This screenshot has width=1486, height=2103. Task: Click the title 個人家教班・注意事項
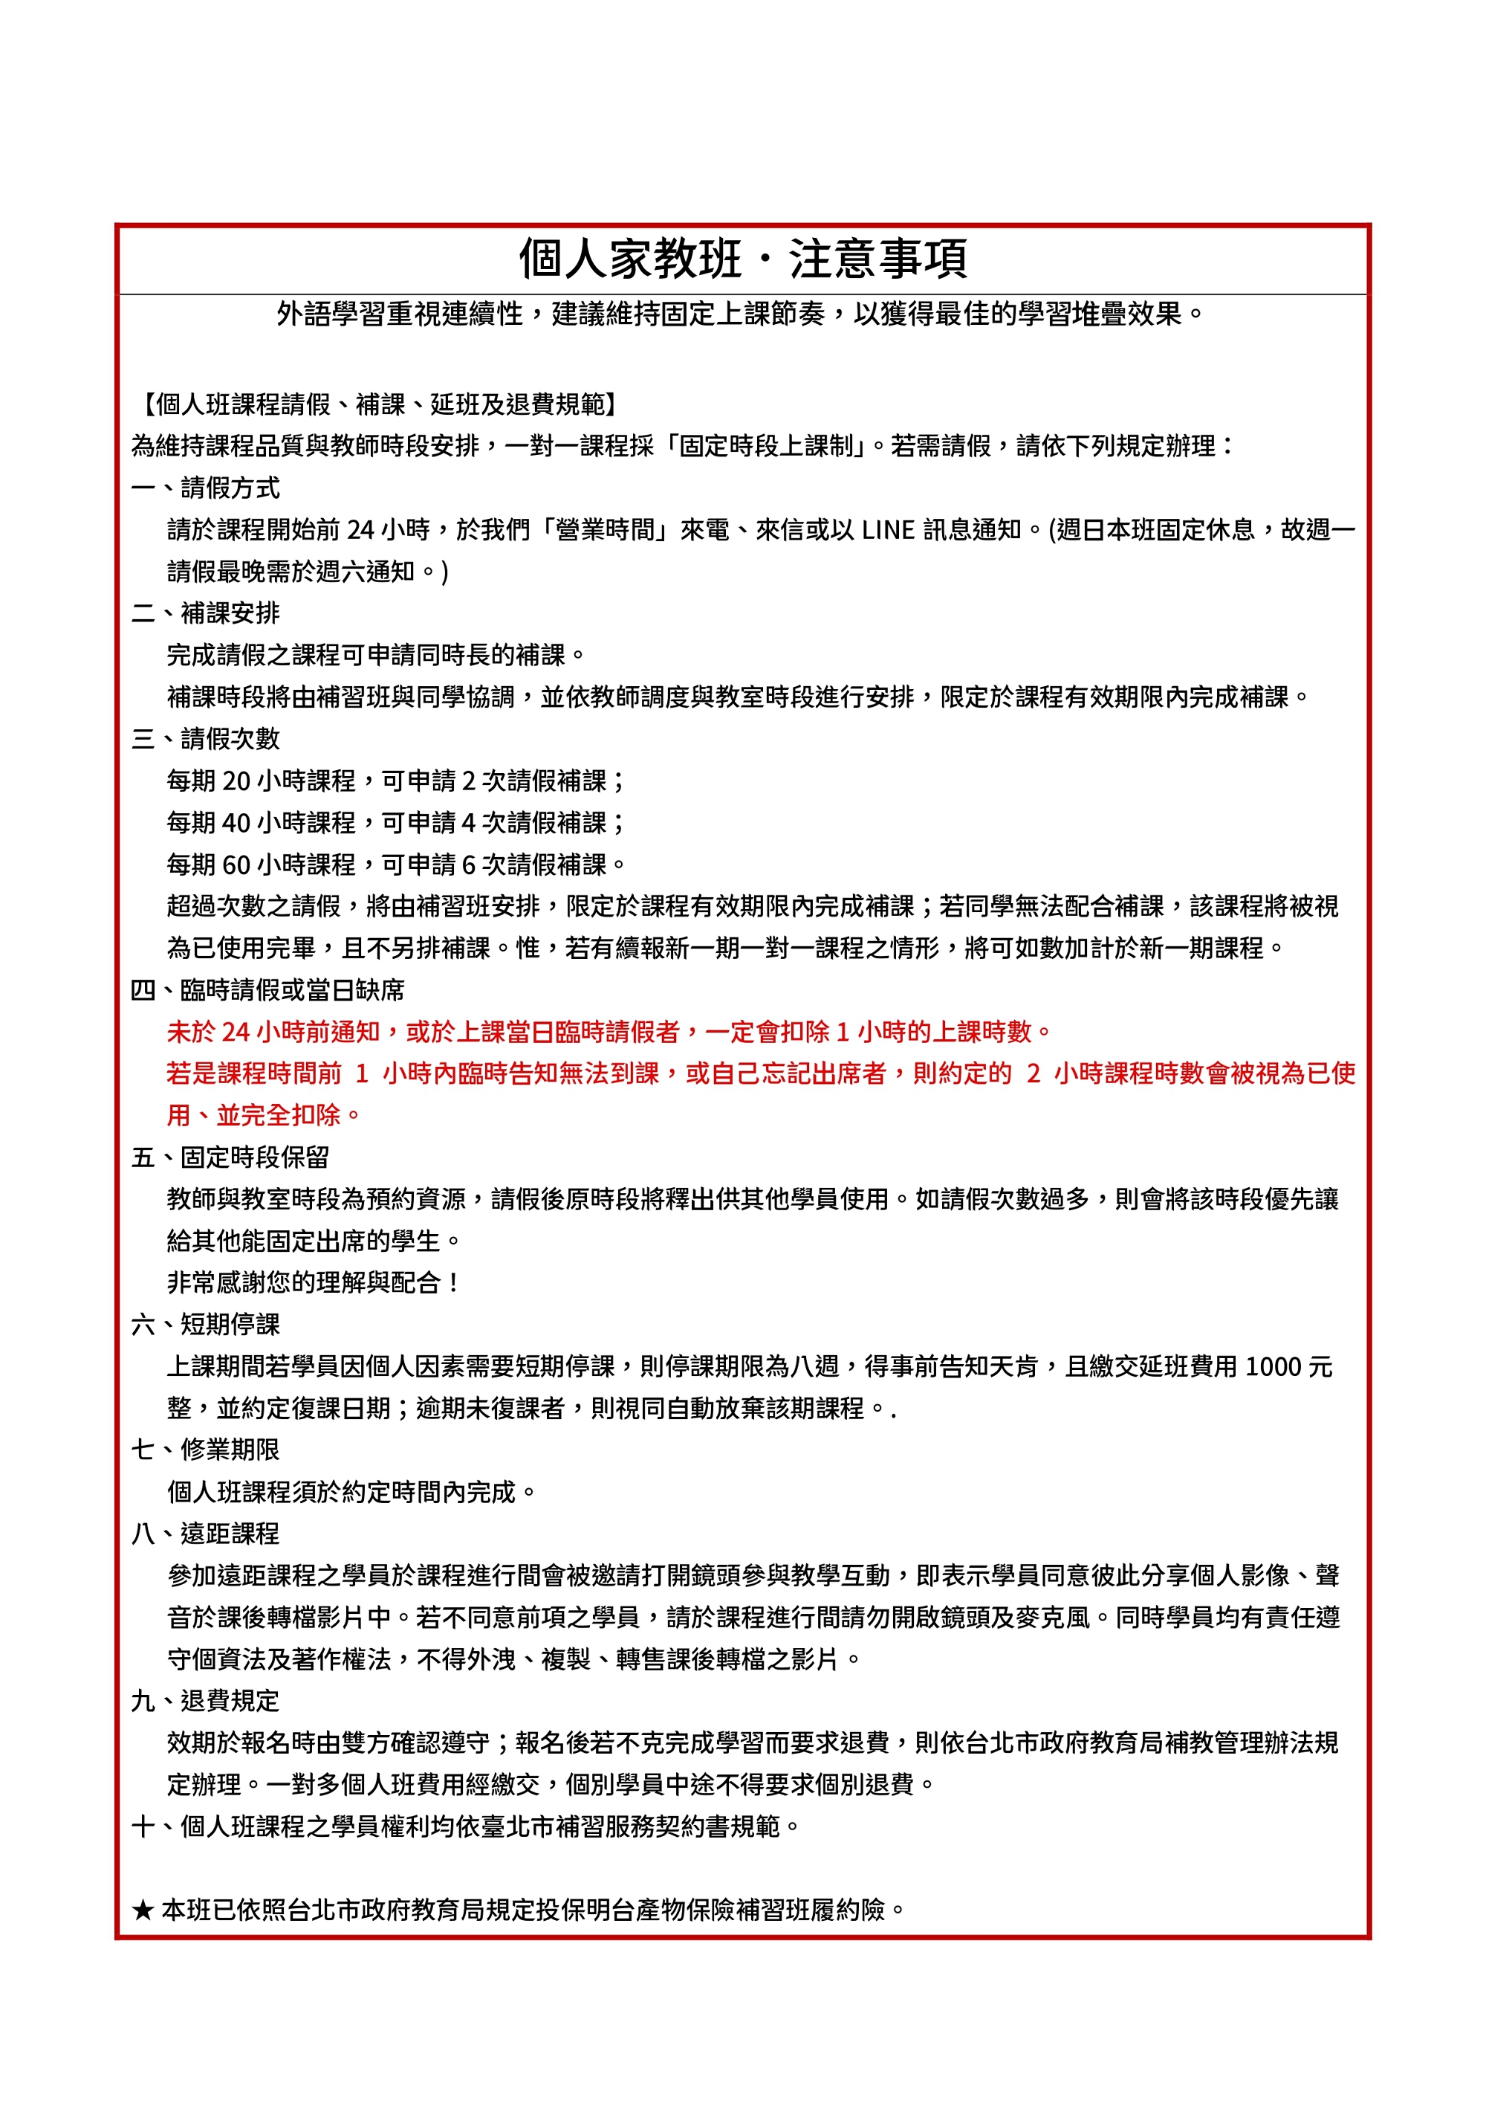742,259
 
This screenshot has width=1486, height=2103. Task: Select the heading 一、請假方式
205,488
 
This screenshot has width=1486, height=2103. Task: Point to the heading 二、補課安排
205,613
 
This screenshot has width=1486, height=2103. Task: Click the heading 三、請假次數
205,738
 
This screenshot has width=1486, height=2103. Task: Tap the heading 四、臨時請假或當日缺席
267,990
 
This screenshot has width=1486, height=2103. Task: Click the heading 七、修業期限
205,1450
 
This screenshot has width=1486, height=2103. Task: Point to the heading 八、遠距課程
205,1534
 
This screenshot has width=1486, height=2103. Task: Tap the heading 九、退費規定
205,1701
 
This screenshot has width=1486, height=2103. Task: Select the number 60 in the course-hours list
236,865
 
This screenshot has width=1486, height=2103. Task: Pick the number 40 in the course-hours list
236,822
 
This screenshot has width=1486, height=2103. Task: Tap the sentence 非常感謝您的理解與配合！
313,1282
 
